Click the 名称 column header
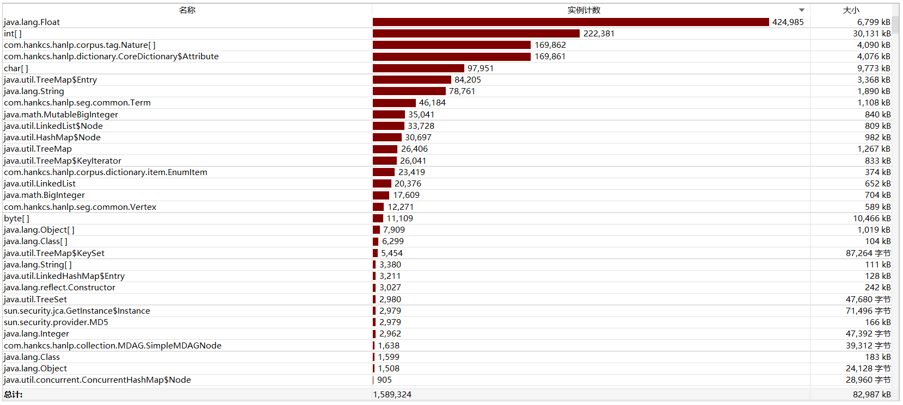[x=187, y=10]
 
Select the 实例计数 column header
[x=583, y=10]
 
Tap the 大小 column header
[x=851, y=10]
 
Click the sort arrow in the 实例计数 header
[x=801, y=10]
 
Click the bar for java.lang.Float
[x=570, y=22]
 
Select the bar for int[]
[x=476, y=34]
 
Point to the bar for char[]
[x=418, y=68]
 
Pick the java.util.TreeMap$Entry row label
[x=51, y=80]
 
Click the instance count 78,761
[x=462, y=91]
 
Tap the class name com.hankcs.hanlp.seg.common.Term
[x=77, y=103]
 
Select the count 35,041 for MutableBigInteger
[x=421, y=115]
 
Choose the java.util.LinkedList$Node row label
[x=53, y=126]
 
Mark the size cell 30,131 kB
[x=871, y=34]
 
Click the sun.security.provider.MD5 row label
[x=56, y=322]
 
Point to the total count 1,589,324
[x=392, y=395]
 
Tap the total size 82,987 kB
[x=871, y=395]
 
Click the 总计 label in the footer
[x=14, y=395]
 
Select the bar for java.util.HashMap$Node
[x=387, y=138]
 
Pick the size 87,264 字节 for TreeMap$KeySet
[x=868, y=253]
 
